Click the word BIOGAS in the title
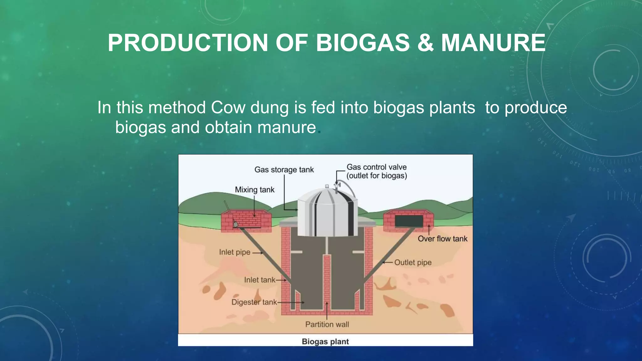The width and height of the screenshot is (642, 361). click(x=363, y=43)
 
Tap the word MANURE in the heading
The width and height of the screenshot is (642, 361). click(x=493, y=43)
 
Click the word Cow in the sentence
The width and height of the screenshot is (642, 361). click(x=228, y=107)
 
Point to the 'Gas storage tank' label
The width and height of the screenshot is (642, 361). click(x=284, y=170)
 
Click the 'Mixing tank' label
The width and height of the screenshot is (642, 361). click(x=255, y=190)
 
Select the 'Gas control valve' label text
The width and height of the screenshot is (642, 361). click(x=376, y=167)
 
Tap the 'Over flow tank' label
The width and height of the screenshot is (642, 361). click(x=442, y=239)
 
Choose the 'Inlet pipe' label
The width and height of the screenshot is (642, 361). click(x=234, y=252)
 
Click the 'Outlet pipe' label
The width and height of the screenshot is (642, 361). click(x=413, y=262)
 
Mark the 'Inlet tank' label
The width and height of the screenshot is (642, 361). click(x=260, y=280)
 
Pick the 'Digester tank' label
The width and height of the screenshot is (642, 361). click(x=254, y=302)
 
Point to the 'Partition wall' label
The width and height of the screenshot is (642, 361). click(x=327, y=324)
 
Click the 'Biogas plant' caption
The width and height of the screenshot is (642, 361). click(x=325, y=342)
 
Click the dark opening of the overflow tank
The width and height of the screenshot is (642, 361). click(x=409, y=221)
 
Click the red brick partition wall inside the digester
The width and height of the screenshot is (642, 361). click(x=327, y=282)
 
